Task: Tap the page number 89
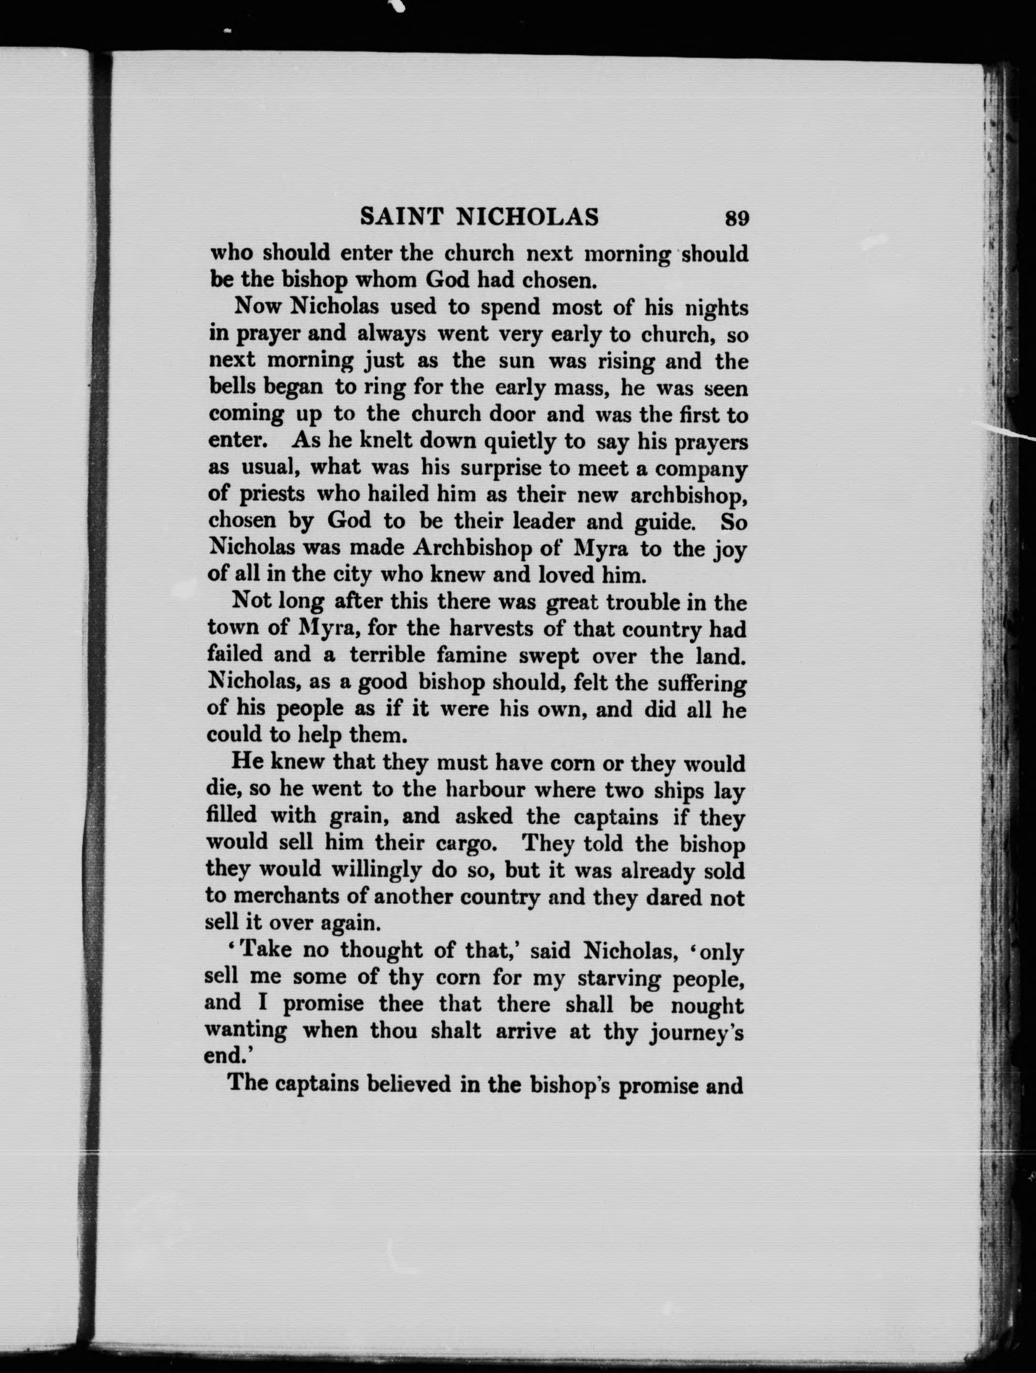736,218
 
